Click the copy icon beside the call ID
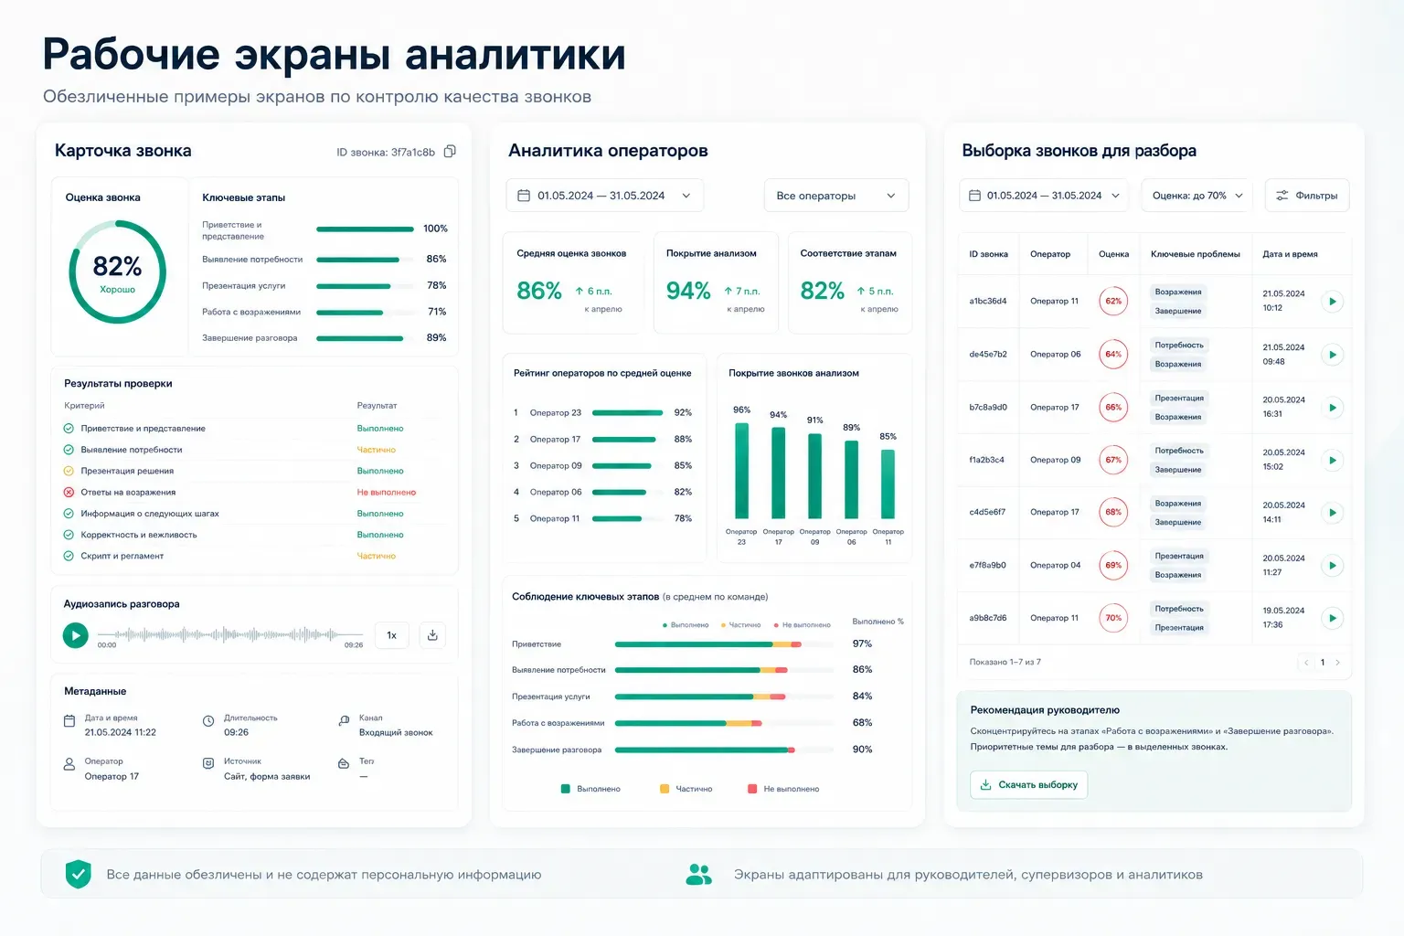coord(450,152)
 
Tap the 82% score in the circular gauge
coord(117,266)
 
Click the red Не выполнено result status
coord(386,492)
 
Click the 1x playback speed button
coord(392,635)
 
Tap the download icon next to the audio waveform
coord(432,635)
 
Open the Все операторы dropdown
coord(835,196)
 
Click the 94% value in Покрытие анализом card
coord(688,291)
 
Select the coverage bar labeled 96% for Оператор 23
coord(741,471)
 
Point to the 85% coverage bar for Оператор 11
coord(888,484)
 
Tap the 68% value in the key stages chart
coord(863,723)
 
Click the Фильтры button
coord(1307,196)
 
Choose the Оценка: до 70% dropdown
coord(1197,196)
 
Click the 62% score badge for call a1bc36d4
coord(1113,301)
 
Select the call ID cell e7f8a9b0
coord(988,565)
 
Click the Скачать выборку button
coord(1028,785)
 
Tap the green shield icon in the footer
coord(79,874)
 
